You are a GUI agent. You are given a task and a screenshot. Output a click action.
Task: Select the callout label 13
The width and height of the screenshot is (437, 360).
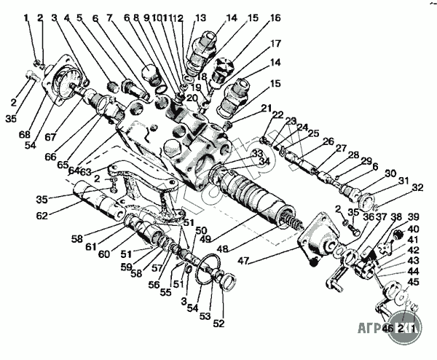pyautogui.click(x=200, y=17)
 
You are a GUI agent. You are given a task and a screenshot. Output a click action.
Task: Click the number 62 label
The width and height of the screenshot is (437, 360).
pyautogui.click(x=43, y=215)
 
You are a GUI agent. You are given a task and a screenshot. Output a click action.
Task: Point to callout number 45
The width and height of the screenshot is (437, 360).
pyautogui.click(x=413, y=281)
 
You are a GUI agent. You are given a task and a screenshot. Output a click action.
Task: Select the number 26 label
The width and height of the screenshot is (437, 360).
pyautogui.click(x=327, y=141)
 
